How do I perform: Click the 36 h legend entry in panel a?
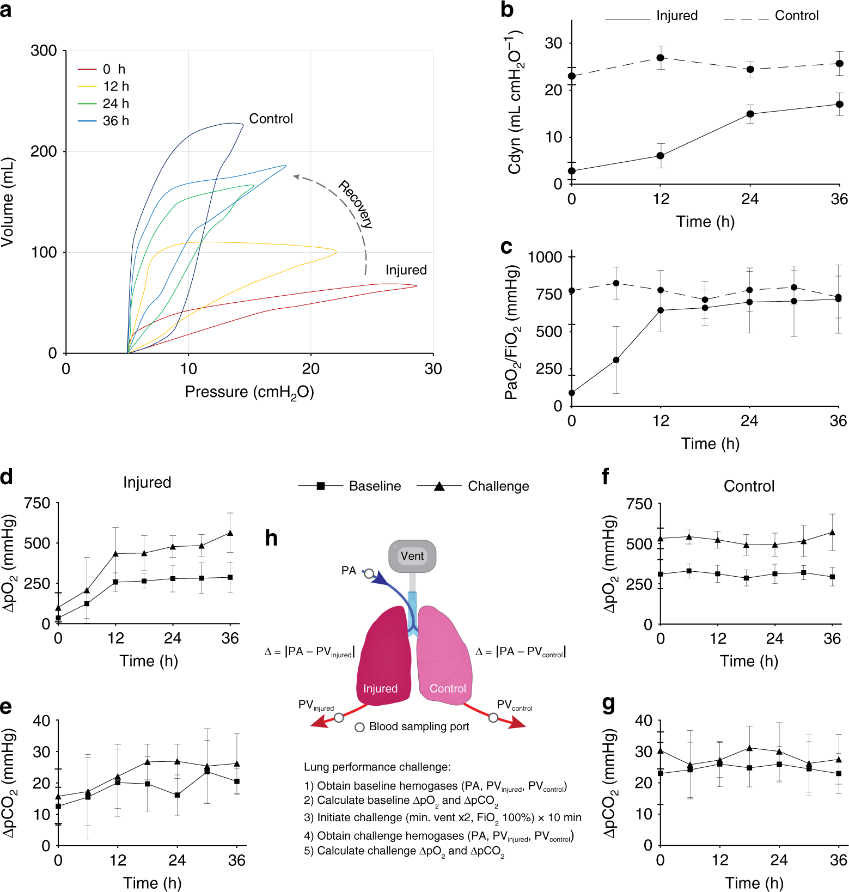coord(115,121)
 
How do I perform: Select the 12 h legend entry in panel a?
coord(115,87)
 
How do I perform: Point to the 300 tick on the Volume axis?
coord(44,51)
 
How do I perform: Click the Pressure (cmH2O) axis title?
coord(249,392)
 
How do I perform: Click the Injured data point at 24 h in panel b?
coord(750,114)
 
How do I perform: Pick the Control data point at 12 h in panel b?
coord(661,58)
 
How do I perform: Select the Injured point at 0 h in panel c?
coord(572,393)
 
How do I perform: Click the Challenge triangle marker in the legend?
coord(439,486)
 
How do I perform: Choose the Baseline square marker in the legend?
coord(321,486)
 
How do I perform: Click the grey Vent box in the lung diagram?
coord(412,556)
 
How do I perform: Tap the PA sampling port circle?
coord(369,573)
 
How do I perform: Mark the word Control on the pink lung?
coord(448,688)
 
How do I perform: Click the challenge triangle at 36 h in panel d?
coord(230,533)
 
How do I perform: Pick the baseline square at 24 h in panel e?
coord(177,795)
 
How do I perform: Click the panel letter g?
coord(608,705)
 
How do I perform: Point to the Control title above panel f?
coord(749,486)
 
